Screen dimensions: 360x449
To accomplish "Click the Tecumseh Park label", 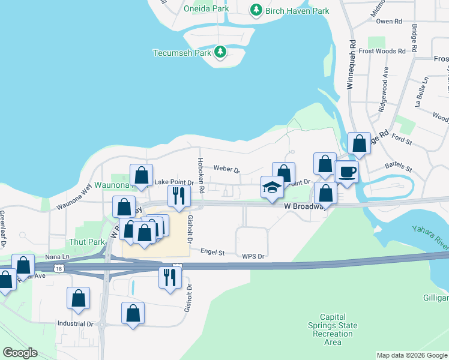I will pyautogui.click(x=182, y=52).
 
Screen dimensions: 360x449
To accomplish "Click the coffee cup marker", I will pyautogui.click(x=346, y=172).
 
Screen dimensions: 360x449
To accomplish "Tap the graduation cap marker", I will pyautogui.click(x=272, y=187).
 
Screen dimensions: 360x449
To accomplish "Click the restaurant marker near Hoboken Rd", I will pyautogui.click(x=178, y=195).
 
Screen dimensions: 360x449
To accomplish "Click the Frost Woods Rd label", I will pyautogui.click(x=386, y=51).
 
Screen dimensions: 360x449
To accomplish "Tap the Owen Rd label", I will pyautogui.click(x=389, y=21).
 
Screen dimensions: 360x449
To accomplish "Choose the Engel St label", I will pyautogui.click(x=212, y=253).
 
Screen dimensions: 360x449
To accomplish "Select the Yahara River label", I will pyautogui.click(x=430, y=236).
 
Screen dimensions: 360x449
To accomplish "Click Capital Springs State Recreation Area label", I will pyautogui.click(x=339, y=329).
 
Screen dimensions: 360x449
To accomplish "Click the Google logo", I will pyautogui.click(x=20, y=353).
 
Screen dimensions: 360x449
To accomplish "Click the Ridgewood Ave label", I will pyautogui.click(x=383, y=89).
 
